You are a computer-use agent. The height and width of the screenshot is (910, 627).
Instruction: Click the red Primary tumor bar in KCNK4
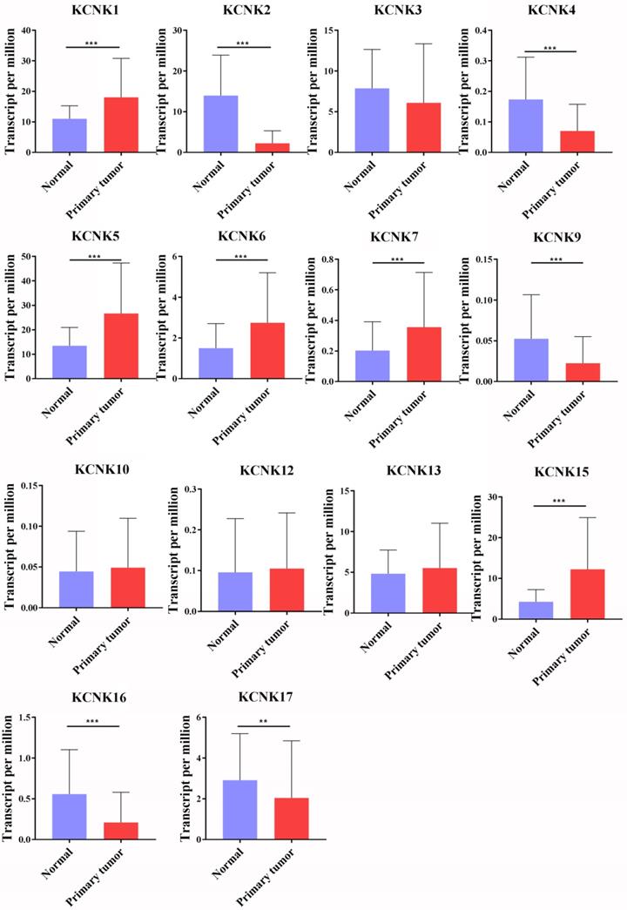[576, 141]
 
